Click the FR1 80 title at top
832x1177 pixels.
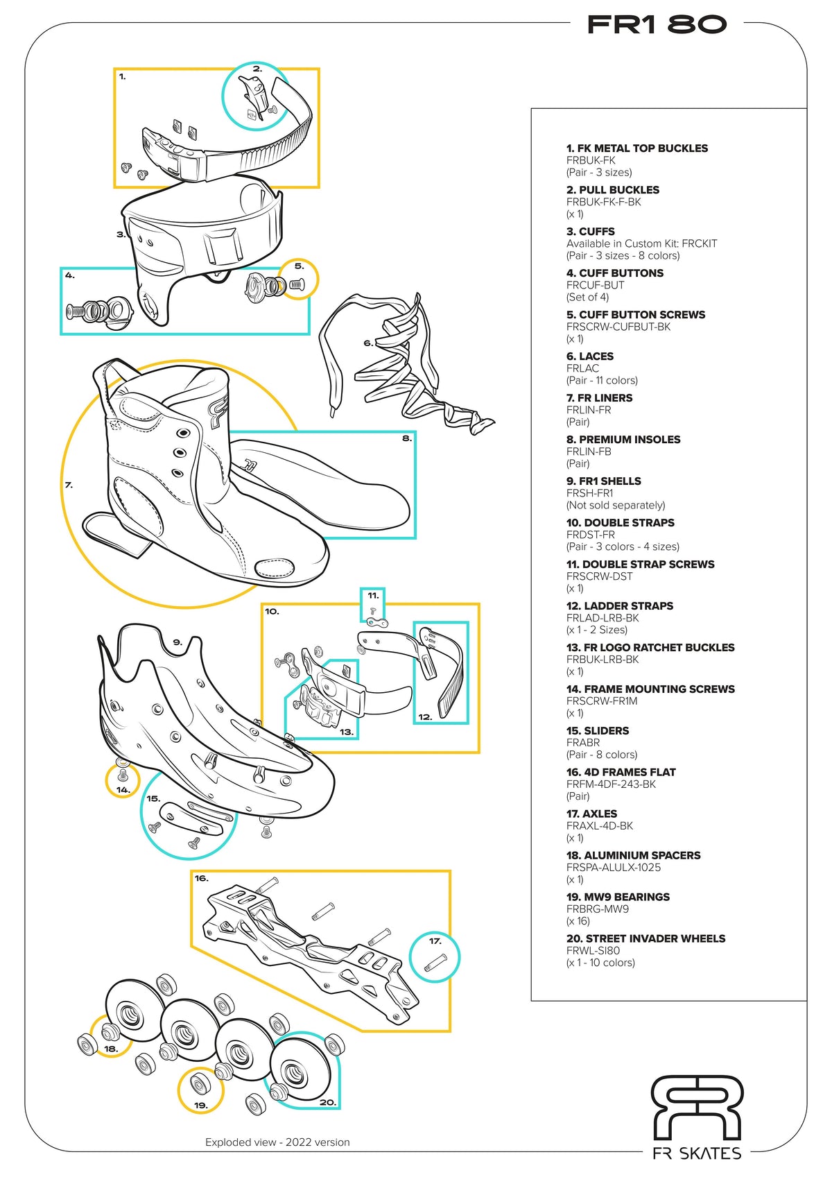[656, 25]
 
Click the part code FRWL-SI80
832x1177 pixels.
[593, 950]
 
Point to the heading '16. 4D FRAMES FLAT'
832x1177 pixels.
[621, 772]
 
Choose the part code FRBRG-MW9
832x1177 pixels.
[597, 909]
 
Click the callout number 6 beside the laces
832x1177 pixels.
[368, 343]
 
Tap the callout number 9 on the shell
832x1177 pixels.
[177, 642]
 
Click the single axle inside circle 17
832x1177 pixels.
[435, 962]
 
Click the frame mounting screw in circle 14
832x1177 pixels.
[123, 774]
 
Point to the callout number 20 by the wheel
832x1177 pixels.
[327, 1102]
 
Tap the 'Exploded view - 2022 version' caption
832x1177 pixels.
[277, 1142]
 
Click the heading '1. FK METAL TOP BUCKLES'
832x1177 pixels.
[636, 148]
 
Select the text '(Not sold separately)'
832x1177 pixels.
[615, 505]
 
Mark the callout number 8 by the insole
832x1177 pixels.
[407, 438]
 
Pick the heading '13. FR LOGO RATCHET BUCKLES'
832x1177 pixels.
[650, 647]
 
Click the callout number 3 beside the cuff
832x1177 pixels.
[121, 234]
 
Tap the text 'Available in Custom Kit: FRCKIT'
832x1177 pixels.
[641, 243]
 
